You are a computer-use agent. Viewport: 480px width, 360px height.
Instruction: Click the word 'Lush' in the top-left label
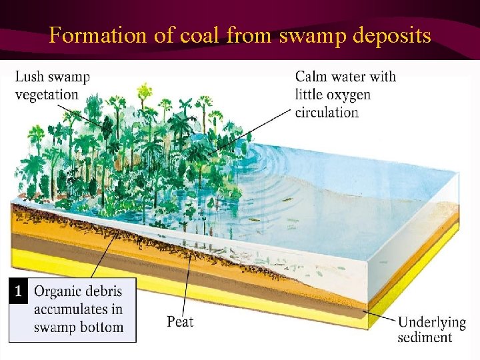(x=30, y=77)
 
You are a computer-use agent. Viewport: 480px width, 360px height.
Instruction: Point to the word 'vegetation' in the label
(x=46, y=94)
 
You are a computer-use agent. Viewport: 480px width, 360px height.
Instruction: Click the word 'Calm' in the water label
(x=312, y=77)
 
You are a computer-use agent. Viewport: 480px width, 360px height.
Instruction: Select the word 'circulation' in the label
(x=327, y=111)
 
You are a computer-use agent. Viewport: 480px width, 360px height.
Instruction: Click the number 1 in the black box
(x=20, y=291)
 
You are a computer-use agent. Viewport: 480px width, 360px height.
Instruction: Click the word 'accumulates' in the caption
(x=71, y=309)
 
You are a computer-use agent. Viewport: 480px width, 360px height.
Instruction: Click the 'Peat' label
(x=180, y=321)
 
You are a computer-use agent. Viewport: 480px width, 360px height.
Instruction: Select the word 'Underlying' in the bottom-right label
(x=432, y=322)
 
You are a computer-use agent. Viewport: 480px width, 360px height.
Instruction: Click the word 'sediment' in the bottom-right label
(x=425, y=337)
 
